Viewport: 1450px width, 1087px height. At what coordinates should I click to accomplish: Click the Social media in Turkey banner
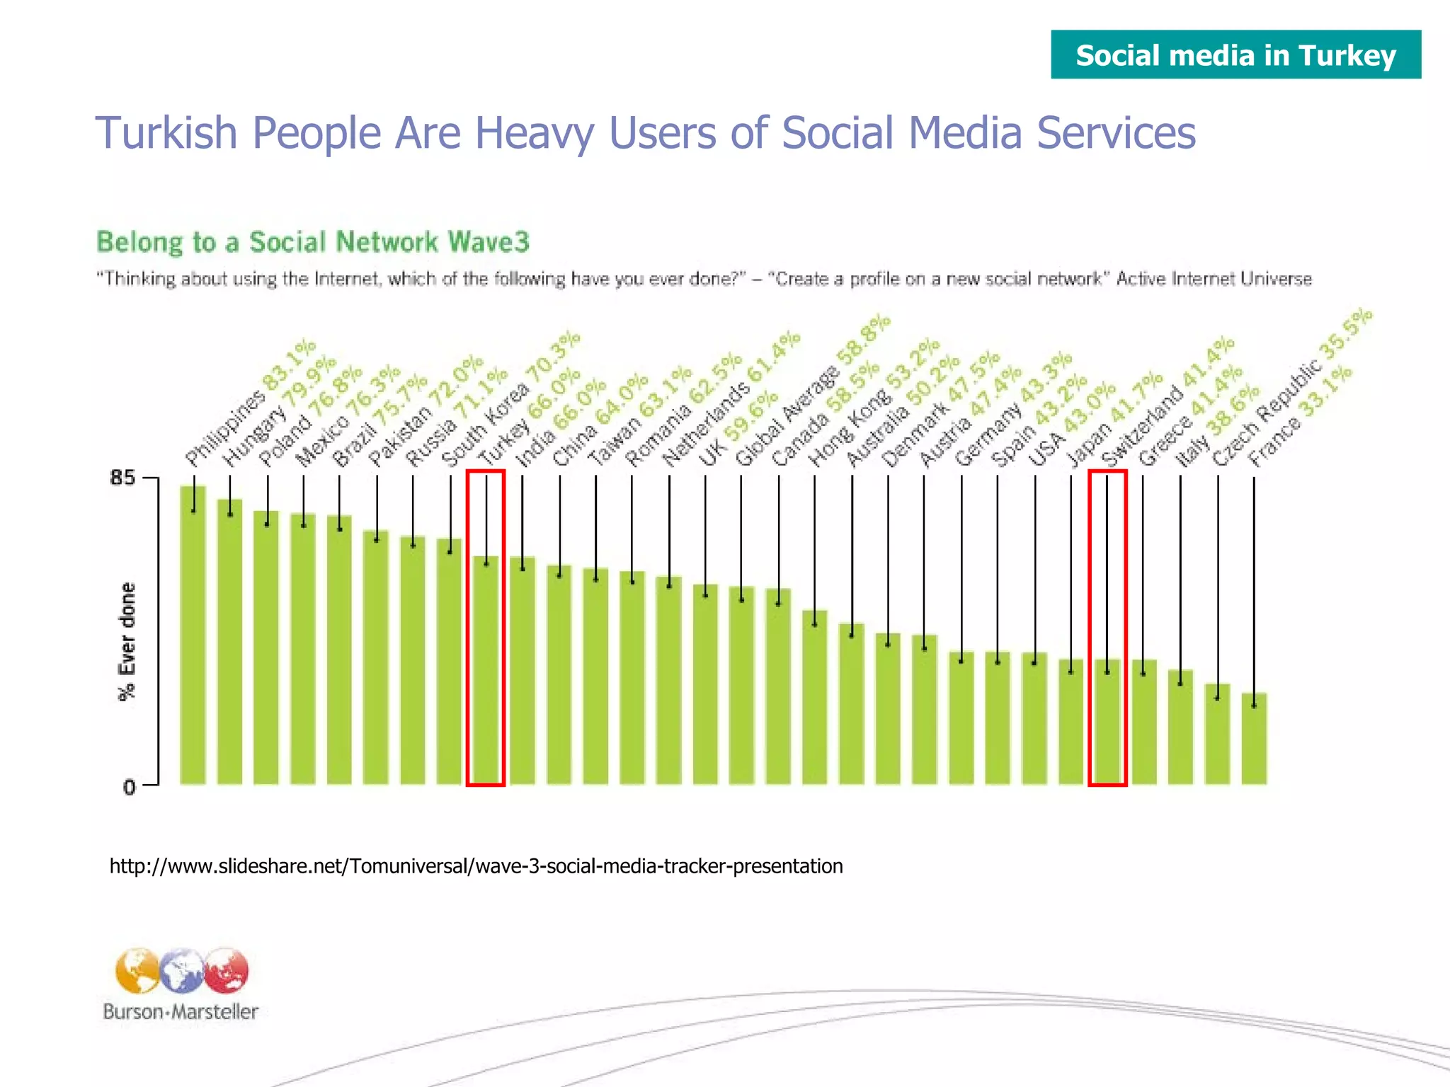click(1235, 54)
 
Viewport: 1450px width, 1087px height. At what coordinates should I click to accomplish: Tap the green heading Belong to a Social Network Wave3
click(312, 242)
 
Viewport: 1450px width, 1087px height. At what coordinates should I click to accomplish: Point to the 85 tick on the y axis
click(122, 478)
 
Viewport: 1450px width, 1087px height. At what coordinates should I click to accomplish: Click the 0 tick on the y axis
click(129, 786)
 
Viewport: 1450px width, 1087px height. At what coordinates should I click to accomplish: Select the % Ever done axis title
click(127, 641)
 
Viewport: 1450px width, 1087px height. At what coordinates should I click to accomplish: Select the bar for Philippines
click(193, 637)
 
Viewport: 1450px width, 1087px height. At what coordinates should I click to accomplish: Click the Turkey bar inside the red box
click(486, 672)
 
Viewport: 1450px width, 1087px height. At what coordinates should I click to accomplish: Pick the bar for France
click(1254, 740)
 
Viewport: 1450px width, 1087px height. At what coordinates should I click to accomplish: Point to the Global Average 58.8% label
click(811, 393)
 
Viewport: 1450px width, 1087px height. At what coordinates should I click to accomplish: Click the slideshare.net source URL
click(476, 866)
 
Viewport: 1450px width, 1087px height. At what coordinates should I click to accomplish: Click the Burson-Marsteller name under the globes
click(181, 1012)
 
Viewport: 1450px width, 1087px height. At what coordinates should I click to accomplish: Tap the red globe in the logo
click(227, 970)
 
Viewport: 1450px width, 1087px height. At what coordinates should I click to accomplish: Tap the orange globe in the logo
click(137, 971)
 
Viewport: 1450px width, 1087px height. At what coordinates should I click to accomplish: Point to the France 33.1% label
click(1300, 418)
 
